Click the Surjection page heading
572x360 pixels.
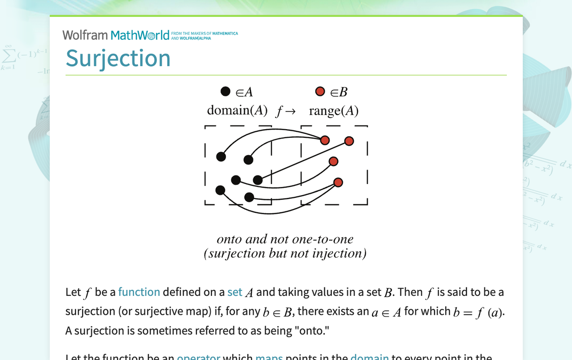118,58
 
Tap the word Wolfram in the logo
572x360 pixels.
85,35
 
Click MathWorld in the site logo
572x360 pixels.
140,35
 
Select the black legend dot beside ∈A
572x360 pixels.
225,91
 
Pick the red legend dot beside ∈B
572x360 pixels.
320,91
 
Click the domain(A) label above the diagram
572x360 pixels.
237,110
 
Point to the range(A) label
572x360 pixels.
333,110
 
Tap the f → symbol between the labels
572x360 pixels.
286,111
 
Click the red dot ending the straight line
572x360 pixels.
349,141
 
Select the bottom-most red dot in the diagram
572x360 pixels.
338,182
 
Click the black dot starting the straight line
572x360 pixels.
258,180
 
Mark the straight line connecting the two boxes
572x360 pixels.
303,161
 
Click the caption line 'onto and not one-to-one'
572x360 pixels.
285,239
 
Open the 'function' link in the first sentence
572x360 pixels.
139,292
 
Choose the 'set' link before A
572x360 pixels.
235,292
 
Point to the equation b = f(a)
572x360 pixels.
478,312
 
